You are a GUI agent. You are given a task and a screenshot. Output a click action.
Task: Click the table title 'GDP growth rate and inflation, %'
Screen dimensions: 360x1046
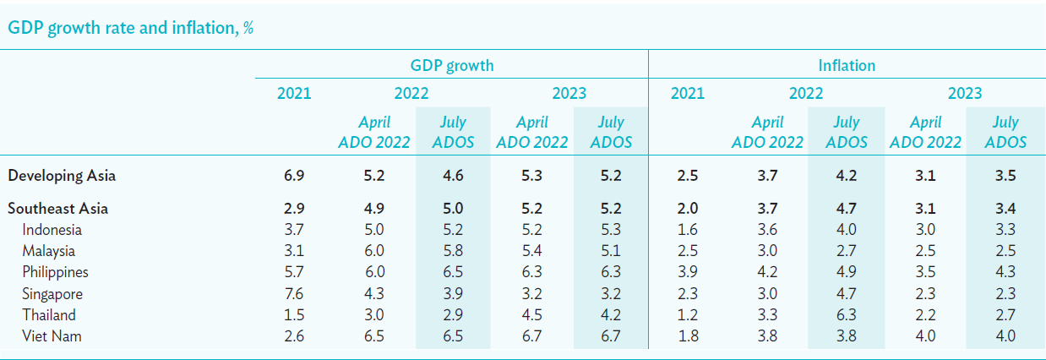coord(131,27)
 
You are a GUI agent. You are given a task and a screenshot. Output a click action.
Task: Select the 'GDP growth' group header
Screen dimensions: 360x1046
coord(451,65)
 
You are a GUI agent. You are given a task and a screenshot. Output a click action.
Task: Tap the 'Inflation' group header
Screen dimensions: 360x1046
coord(846,65)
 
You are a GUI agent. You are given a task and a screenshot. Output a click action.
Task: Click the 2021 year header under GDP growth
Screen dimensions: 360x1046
coord(294,94)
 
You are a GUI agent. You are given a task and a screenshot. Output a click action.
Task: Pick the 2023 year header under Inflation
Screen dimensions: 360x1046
coord(965,94)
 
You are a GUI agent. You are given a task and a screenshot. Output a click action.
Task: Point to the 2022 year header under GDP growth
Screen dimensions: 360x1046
coord(411,94)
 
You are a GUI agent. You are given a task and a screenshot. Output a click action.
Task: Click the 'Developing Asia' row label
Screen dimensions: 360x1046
coord(62,176)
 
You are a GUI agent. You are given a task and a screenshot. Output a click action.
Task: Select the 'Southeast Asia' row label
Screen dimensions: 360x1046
coord(58,208)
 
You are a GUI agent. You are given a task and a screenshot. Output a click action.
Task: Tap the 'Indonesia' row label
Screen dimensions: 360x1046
coord(52,229)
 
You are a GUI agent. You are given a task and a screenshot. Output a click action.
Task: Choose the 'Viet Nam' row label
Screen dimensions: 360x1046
coord(52,336)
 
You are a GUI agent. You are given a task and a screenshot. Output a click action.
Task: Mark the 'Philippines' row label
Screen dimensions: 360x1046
coord(55,272)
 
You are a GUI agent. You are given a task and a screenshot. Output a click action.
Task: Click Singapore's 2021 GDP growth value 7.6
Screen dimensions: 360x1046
coord(294,294)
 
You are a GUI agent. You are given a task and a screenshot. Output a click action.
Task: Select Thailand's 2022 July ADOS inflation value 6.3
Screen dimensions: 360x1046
coord(846,315)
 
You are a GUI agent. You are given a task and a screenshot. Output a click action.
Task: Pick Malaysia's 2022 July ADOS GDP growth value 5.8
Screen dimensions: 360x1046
coord(452,251)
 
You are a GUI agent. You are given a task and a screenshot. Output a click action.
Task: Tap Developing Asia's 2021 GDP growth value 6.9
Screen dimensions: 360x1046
coord(294,176)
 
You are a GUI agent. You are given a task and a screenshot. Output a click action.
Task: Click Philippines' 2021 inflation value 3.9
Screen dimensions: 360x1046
coord(688,272)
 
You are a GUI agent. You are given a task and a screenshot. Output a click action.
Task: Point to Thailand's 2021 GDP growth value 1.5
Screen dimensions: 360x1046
coord(294,315)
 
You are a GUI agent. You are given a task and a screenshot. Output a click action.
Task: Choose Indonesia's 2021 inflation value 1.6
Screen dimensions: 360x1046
coord(688,229)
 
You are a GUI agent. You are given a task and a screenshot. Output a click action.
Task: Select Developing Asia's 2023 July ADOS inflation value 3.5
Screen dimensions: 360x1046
coord(1005,176)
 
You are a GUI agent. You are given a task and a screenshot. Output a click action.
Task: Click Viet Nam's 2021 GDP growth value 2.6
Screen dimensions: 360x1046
coord(294,336)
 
